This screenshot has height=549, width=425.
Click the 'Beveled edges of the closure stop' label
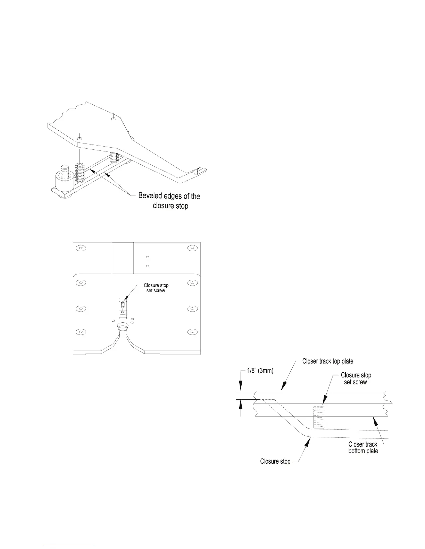[x=169, y=201]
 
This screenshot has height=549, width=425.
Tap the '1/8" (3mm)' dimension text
[x=257, y=371]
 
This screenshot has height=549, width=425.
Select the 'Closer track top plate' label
[x=327, y=361]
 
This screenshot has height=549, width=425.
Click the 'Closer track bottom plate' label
[x=363, y=447]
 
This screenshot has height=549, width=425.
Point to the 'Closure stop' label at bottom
[x=275, y=461]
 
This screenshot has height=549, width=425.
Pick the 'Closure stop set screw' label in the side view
[x=356, y=378]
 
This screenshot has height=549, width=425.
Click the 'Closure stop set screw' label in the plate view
[x=156, y=288]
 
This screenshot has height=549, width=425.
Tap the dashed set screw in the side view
[x=318, y=417]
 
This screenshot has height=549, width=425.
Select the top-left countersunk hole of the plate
[x=81, y=248]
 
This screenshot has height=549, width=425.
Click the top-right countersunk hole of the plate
[x=192, y=248]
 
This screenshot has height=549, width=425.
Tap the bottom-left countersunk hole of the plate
[x=81, y=332]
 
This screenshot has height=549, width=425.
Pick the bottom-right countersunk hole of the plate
[x=192, y=332]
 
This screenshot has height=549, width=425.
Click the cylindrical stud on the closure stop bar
[x=65, y=172]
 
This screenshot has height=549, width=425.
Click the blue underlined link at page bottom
[x=69, y=546]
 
